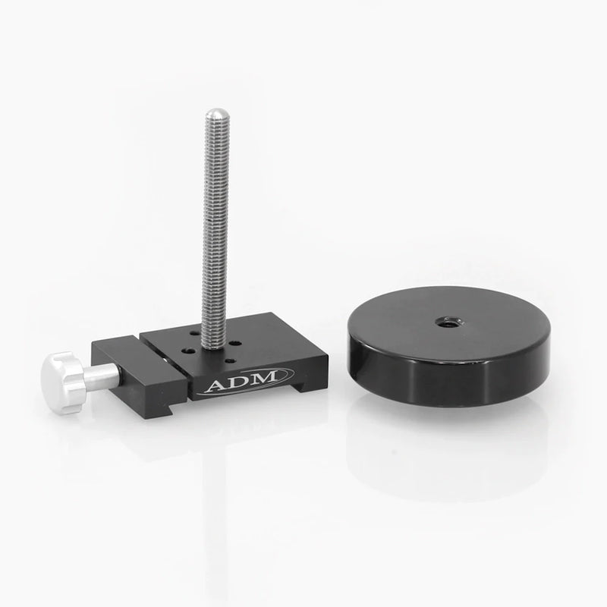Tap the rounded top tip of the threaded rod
(215, 114)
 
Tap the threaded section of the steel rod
(215, 228)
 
